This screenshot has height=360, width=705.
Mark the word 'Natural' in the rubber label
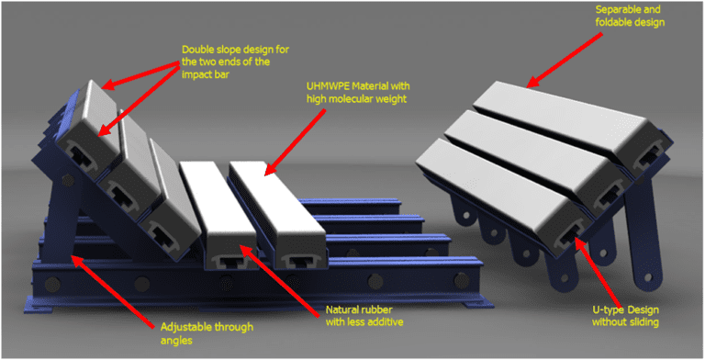[341, 309]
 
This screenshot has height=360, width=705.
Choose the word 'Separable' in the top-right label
[618, 10]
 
